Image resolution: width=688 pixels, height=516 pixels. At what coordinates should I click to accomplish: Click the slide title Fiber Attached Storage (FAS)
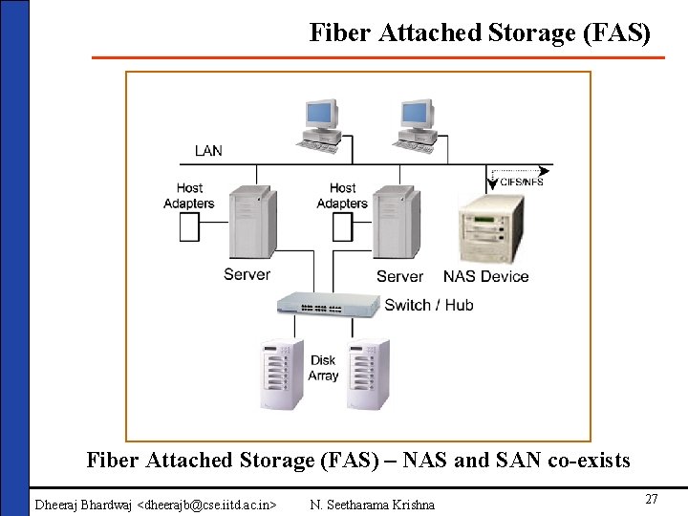(x=480, y=32)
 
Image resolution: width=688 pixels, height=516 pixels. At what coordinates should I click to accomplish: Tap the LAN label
(x=208, y=151)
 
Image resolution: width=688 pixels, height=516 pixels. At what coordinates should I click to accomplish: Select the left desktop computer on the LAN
(x=322, y=124)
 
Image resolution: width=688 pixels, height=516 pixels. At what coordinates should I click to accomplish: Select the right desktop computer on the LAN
(x=416, y=124)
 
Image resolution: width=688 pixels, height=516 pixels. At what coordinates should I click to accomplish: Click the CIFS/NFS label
(x=521, y=182)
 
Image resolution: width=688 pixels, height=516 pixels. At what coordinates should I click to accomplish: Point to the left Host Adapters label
(x=189, y=196)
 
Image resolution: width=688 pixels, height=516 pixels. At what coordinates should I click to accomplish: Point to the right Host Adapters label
(x=342, y=196)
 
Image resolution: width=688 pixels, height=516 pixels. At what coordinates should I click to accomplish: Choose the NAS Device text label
(x=485, y=276)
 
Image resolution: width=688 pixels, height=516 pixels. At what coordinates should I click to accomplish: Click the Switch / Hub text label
(x=429, y=305)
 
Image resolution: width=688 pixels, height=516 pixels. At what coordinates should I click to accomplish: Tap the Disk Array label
(x=324, y=368)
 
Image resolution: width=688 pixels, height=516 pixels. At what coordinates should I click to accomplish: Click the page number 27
(x=652, y=500)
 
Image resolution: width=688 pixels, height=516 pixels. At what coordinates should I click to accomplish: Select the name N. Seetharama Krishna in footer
(x=373, y=504)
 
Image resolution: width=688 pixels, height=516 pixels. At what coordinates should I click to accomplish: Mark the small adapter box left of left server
(x=190, y=226)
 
